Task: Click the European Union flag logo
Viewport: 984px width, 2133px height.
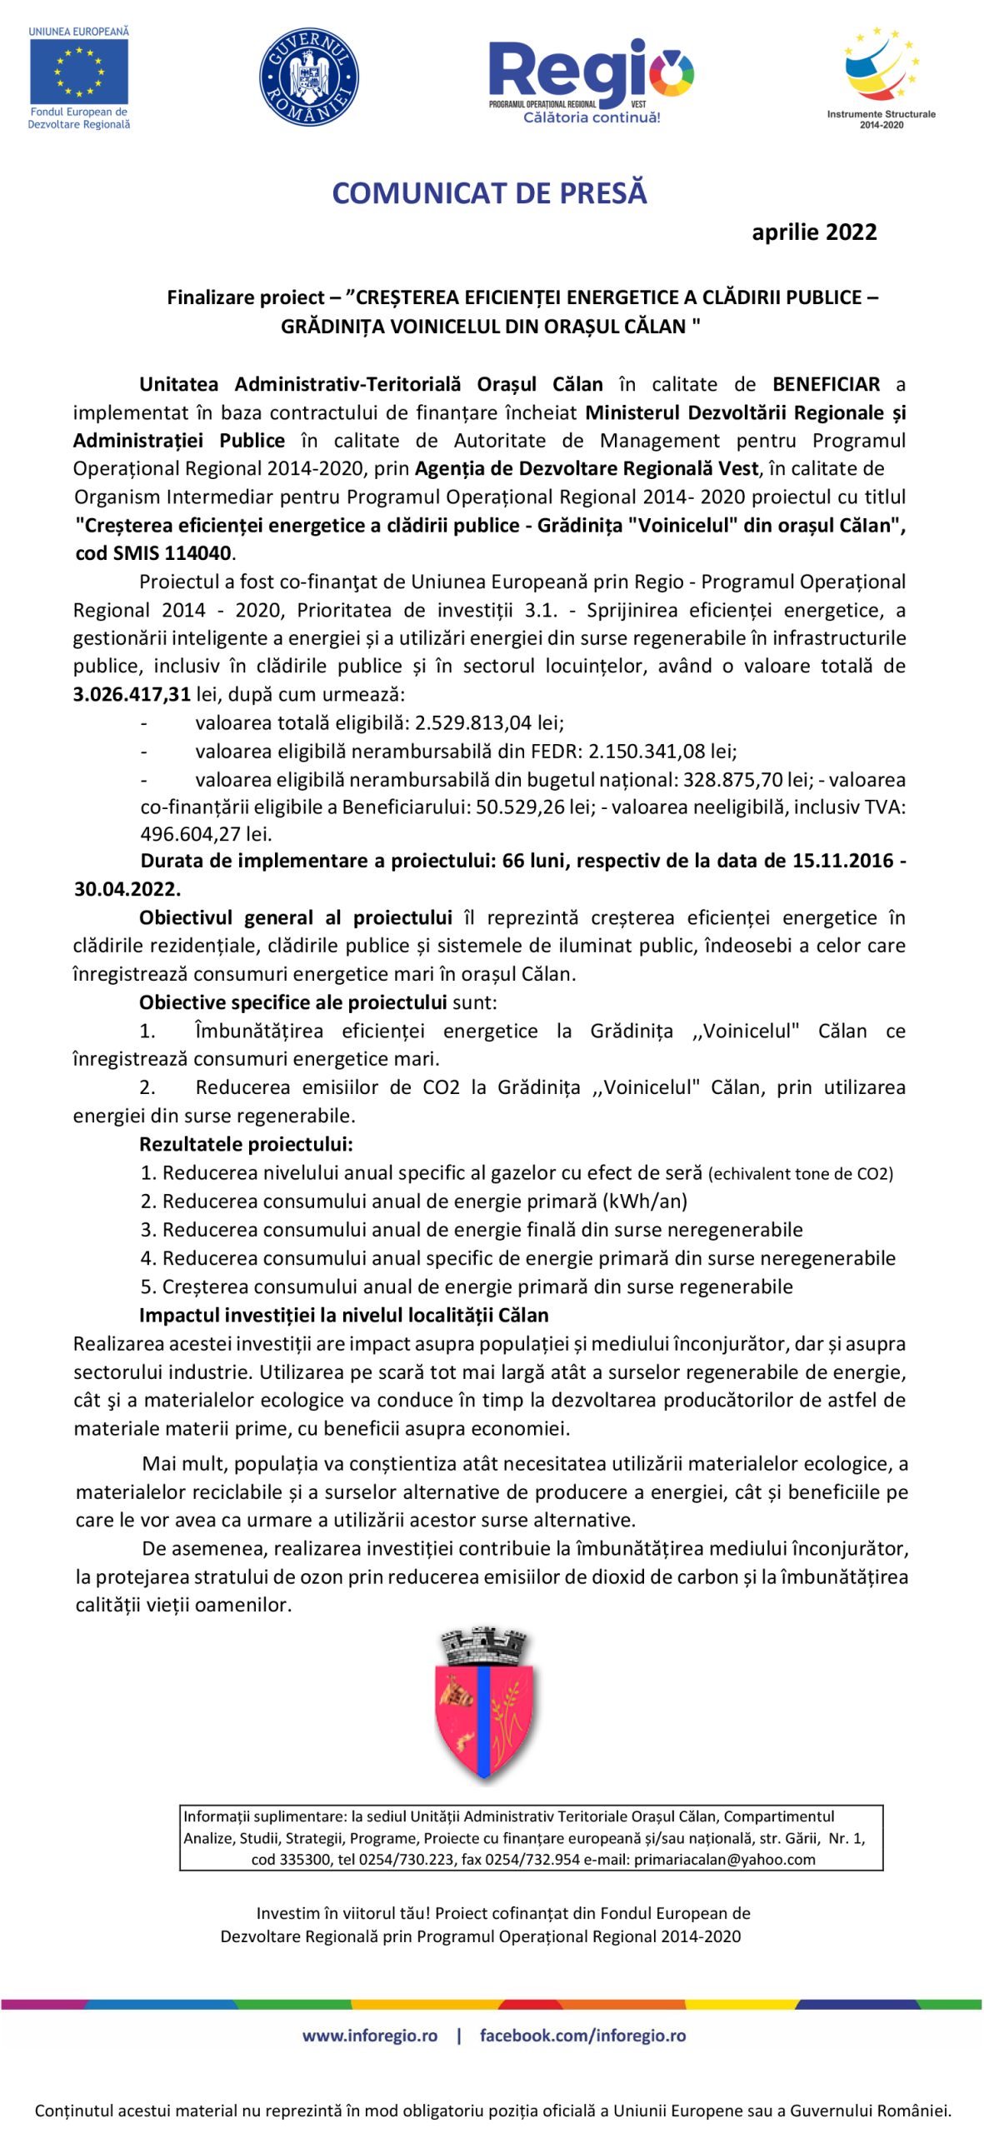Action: click(x=79, y=72)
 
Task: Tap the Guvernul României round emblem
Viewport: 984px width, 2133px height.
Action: click(x=309, y=77)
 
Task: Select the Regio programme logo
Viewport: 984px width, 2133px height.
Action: click(x=591, y=80)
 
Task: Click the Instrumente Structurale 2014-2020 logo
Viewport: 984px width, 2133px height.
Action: click(x=881, y=77)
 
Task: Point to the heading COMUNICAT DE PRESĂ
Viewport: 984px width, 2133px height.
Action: click(x=489, y=193)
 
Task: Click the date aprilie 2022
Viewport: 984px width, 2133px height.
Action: click(x=814, y=232)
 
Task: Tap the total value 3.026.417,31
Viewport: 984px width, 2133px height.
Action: click(x=132, y=694)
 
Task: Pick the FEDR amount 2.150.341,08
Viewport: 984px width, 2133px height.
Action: click(x=647, y=751)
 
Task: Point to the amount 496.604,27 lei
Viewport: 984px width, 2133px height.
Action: click(x=206, y=834)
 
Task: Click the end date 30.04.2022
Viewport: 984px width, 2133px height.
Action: click(x=127, y=889)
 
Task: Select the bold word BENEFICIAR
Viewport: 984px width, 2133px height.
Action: click(x=826, y=384)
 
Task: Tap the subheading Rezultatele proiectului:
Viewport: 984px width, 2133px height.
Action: click(x=246, y=1144)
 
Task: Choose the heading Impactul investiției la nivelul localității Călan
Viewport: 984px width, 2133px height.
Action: click(x=343, y=1315)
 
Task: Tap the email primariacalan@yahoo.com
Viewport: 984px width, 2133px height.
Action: click(x=724, y=1859)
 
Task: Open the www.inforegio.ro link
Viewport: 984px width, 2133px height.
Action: click(x=369, y=2036)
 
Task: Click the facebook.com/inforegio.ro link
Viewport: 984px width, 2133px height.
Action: click(x=582, y=2036)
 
